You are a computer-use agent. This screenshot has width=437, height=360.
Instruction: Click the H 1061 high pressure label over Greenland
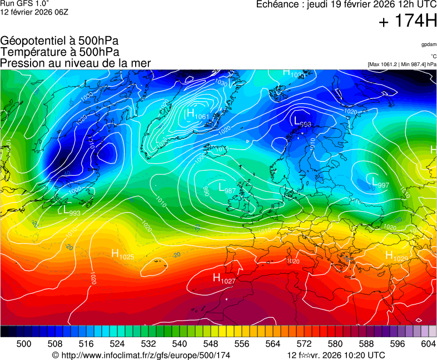pos(197,114)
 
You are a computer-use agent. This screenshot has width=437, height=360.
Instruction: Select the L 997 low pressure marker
pos(380,182)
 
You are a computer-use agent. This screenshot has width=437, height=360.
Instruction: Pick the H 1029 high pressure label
pos(396,256)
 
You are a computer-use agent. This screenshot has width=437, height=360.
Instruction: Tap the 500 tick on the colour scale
pos(24,344)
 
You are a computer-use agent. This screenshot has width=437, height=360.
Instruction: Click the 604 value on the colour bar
pos(428,344)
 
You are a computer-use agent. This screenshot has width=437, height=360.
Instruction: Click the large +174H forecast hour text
pos(408,22)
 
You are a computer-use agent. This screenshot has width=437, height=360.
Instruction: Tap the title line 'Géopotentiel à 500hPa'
pos(59,41)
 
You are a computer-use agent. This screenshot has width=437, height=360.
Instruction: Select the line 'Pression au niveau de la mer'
pos(76,63)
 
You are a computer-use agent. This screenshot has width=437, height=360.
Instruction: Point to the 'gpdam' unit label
pos(428,44)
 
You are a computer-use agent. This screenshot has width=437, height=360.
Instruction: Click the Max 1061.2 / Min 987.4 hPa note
pos(402,64)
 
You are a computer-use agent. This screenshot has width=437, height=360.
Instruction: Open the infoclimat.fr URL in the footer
pos(141,355)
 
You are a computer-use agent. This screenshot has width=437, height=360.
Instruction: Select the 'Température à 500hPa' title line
pos(59,52)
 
